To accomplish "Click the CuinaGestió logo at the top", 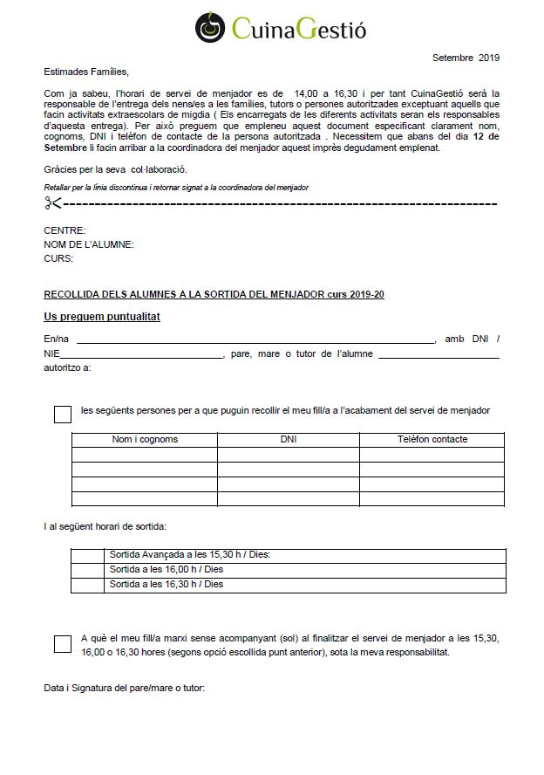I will tap(280, 27).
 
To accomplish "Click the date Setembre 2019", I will tap(466, 58).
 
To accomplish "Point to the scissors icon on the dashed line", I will tap(53, 203).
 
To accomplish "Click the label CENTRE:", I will tap(63, 230).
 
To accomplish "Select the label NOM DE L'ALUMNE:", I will tap(89, 244).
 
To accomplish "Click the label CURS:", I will tap(58, 258).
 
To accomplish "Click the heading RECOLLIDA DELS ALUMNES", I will tap(214, 294).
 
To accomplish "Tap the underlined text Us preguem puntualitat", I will tap(102, 317).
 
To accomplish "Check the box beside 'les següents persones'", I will tap(63, 415).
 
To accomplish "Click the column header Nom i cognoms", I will tap(145, 439).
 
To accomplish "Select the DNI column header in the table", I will tap(289, 439).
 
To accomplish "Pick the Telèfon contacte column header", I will tap(432, 439).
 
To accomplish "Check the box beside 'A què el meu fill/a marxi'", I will tap(63, 644).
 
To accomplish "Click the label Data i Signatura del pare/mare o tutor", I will tap(124, 689).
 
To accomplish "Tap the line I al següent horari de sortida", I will tap(105, 526).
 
